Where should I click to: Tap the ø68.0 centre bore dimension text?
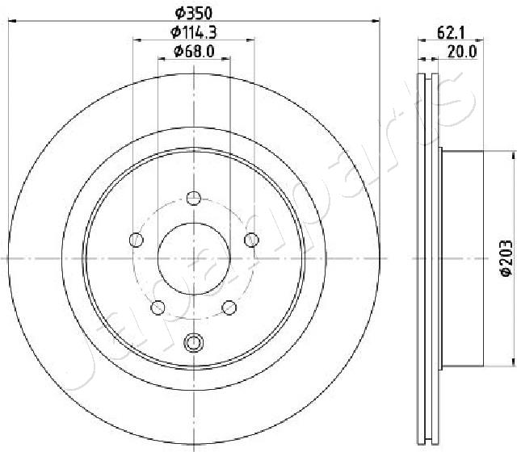click(194, 52)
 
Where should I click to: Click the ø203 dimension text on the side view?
click(506, 259)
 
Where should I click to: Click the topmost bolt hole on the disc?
click(193, 198)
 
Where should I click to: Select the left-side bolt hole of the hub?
click(136, 239)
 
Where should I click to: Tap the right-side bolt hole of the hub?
click(251, 239)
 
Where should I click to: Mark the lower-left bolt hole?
click(158, 307)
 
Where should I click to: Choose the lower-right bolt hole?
click(229, 307)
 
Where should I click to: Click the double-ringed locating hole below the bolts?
click(193, 343)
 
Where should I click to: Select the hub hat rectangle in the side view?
click(460, 258)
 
